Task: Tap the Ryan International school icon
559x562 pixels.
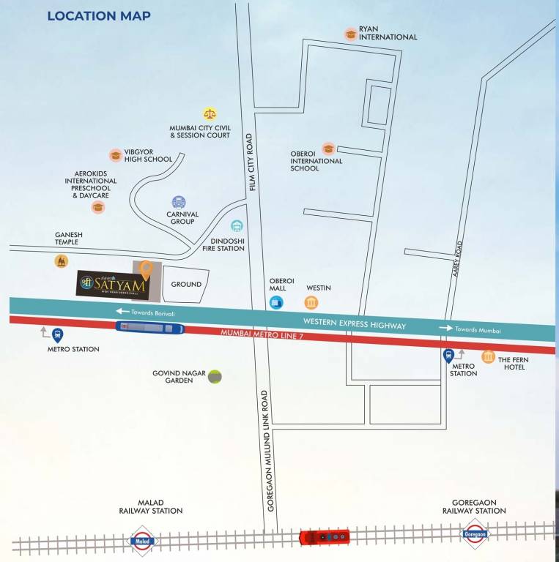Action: tap(351, 34)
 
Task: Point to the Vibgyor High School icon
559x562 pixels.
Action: tap(115, 155)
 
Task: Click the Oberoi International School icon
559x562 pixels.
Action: tap(328, 149)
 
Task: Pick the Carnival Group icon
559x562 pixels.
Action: tap(179, 202)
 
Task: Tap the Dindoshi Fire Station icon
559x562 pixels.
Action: tap(237, 227)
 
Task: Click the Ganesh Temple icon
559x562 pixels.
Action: tap(62, 261)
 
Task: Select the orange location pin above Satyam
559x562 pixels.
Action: tap(147, 271)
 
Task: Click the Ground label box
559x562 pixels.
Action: tap(185, 285)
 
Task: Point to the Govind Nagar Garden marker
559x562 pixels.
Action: tap(215, 377)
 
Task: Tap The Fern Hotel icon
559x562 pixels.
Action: tap(488, 356)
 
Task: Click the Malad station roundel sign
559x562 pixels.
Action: tap(141, 541)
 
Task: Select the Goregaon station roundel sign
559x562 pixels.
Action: tap(475, 534)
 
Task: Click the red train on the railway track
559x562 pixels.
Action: tap(325, 537)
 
